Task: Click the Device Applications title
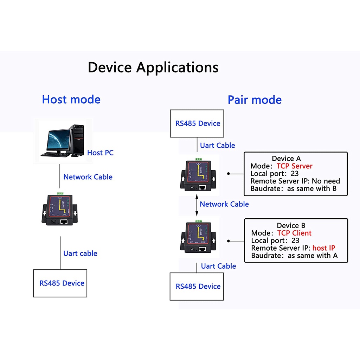[x=153, y=67]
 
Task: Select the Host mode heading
[x=71, y=99]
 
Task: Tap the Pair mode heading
[x=255, y=100]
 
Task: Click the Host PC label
[x=100, y=153]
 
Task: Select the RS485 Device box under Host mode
[x=60, y=283]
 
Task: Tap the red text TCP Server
[x=294, y=166]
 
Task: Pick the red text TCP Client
[x=294, y=233]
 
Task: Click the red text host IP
[x=324, y=248]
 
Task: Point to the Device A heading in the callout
[x=286, y=159]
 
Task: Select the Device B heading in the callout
[x=291, y=226]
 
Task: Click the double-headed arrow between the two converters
[x=197, y=204]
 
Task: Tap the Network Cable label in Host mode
[x=88, y=177]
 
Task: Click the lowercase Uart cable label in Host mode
[x=80, y=253]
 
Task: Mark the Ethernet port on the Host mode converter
[x=64, y=222]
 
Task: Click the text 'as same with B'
[x=312, y=189]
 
